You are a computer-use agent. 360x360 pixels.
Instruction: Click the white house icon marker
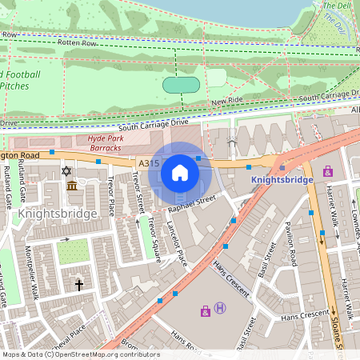pyautogui.click(x=180, y=173)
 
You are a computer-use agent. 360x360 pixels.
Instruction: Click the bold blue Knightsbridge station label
pyautogui.click(x=282, y=180)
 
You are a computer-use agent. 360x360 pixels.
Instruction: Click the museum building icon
pyautogui.click(x=72, y=186)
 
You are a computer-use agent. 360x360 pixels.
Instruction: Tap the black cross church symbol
pyautogui.click(x=78, y=284)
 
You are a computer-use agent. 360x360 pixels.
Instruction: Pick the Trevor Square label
pyautogui.click(x=153, y=238)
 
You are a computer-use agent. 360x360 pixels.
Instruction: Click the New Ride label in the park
pyautogui.click(x=226, y=102)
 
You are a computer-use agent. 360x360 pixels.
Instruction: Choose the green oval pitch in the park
pyautogui.click(x=182, y=84)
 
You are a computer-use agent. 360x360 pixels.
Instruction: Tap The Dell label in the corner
pyautogui.click(x=337, y=6)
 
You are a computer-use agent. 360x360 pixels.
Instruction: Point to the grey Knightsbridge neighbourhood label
pyautogui.click(x=58, y=214)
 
